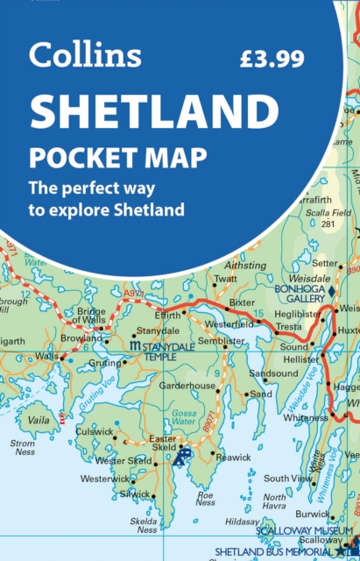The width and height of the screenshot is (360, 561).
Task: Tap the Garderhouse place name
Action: coord(187,385)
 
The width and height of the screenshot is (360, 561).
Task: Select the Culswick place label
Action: coord(95,431)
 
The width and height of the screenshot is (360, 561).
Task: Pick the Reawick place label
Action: coord(233,458)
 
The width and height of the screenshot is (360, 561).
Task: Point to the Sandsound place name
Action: coord(274,373)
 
